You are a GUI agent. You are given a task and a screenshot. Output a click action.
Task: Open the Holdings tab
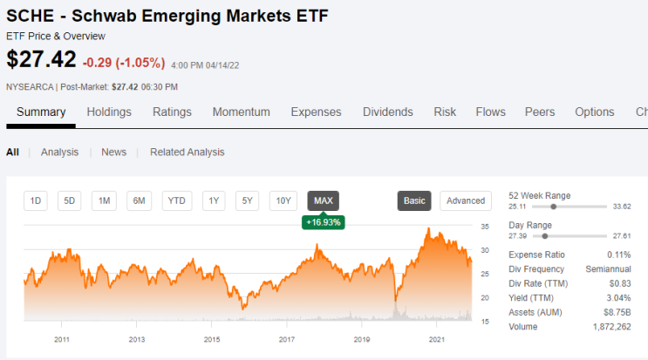pos(109,112)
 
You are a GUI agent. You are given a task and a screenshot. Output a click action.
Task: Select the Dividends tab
pos(387,112)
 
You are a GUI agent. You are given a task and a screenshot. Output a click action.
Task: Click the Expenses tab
pos(316,112)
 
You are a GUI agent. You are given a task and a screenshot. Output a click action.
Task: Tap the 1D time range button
pos(36,200)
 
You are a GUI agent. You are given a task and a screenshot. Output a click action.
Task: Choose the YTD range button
pos(177,200)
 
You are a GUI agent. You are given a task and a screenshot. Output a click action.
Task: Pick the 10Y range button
pos(283,200)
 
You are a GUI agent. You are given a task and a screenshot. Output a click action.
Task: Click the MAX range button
pos(324,200)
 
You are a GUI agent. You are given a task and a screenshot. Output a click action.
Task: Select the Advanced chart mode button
pos(466,200)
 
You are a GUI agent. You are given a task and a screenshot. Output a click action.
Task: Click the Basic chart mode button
pos(414,200)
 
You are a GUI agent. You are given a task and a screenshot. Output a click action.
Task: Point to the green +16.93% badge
pos(324,222)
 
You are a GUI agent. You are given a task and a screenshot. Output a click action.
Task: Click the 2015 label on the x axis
pos(212,339)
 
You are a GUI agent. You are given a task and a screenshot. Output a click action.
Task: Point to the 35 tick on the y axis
pos(485,227)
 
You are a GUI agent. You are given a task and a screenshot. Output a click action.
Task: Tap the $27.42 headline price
pos(41,59)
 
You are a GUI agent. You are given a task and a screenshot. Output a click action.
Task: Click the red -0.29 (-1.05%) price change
pos(124,63)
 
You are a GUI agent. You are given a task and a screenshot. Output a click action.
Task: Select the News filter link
pos(114,152)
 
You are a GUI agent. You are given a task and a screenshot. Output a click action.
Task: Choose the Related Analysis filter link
pos(188,152)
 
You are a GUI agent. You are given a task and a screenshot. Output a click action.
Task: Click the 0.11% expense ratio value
pos(619,255)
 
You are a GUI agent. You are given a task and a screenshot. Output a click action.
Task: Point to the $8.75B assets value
pos(617,312)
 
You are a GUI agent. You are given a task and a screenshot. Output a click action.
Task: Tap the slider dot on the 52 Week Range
pos(553,207)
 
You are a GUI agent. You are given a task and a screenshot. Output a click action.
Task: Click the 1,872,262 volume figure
pos(612,327)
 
